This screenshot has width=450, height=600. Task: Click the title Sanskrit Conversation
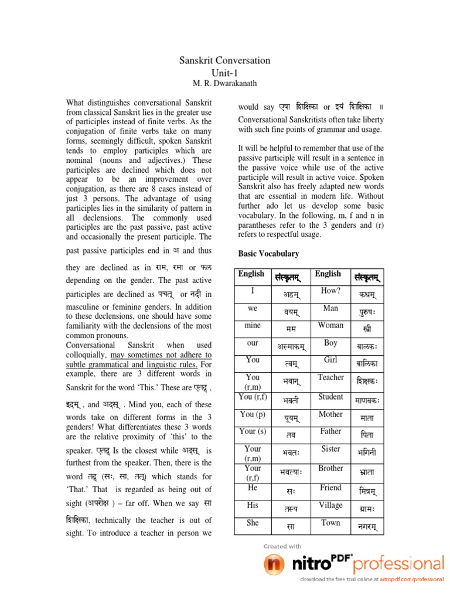(x=224, y=60)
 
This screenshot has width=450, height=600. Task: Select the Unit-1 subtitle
(x=224, y=72)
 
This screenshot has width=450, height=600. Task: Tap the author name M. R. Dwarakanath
(x=224, y=83)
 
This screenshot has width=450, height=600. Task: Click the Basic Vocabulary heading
(x=268, y=254)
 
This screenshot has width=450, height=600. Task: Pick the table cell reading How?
(x=330, y=291)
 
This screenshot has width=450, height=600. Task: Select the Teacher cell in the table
(x=330, y=377)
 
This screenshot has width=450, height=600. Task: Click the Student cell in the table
(x=330, y=397)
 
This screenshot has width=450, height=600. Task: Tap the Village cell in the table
(x=330, y=505)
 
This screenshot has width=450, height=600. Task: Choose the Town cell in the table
(x=330, y=523)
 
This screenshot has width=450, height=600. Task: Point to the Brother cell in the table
(x=330, y=469)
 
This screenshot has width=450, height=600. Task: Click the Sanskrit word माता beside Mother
(x=367, y=418)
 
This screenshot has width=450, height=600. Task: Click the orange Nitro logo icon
(x=274, y=565)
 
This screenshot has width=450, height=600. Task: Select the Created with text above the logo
(x=282, y=546)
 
